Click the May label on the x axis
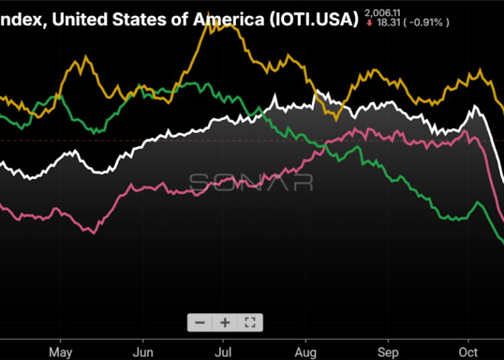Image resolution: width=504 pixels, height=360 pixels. pyautogui.click(x=60, y=351)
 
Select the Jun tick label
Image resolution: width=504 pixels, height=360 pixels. pyautogui.click(x=142, y=351)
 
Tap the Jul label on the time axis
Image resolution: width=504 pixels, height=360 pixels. pyautogui.click(x=224, y=351)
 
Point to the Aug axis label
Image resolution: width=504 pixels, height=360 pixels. pyautogui.click(x=306, y=351)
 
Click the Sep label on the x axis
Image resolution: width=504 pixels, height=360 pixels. pyautogui.click(x=387, y=351)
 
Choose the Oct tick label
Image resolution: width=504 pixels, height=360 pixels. pyautogui.click(x=468, y=351)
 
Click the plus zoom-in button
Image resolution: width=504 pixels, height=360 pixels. pyautogui.click(x=224, y=322)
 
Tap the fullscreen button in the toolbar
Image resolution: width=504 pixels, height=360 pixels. pyautogui.click(x=250, y=322)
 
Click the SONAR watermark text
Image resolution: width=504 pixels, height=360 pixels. pyautogui.click(x=250, y=182)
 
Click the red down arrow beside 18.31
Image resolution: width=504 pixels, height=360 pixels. pyautogui.click(x=368, y=23)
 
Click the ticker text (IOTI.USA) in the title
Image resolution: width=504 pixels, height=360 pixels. pyautogui.click(x=313, y=19)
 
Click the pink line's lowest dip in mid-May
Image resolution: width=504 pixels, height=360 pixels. pyautogui.click(x=93, y=232)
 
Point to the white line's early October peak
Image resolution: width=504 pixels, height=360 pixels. pyautogui.click(x=476, y=106)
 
